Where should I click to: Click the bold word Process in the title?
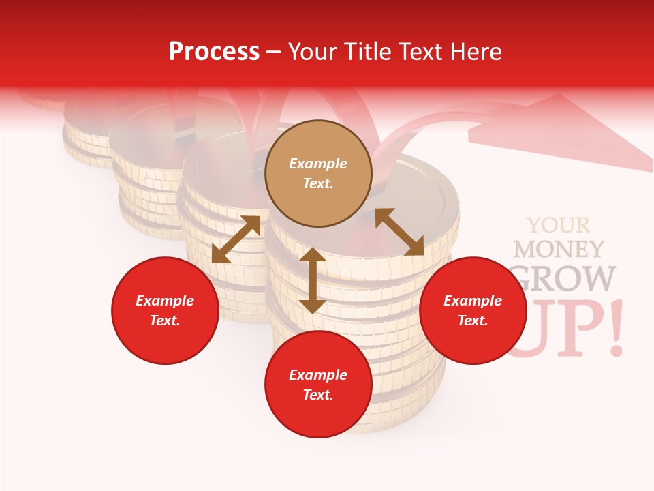tap(214, 52)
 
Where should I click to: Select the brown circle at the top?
tap(318, 173)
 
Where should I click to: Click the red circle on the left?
tap(165, 310)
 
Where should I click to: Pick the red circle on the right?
tap(473, 310)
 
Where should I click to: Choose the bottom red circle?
tap(318, 385)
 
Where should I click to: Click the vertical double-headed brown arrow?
tap(313, 280)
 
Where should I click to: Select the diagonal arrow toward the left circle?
tap(236, 239)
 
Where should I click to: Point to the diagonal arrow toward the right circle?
tap(399, 232)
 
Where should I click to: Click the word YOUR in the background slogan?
tap(559, 225)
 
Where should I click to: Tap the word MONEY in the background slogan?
tap(559, 250)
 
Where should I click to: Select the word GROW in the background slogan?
tap(565, 278)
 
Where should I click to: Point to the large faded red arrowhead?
tap(565, 133)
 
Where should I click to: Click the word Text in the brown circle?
tap(318, 183)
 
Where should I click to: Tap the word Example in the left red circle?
tap(165, 300)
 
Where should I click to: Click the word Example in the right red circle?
tap(473, 300)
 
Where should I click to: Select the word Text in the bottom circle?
tap(318, 395)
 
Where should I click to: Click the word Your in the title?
tap(313, 52)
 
